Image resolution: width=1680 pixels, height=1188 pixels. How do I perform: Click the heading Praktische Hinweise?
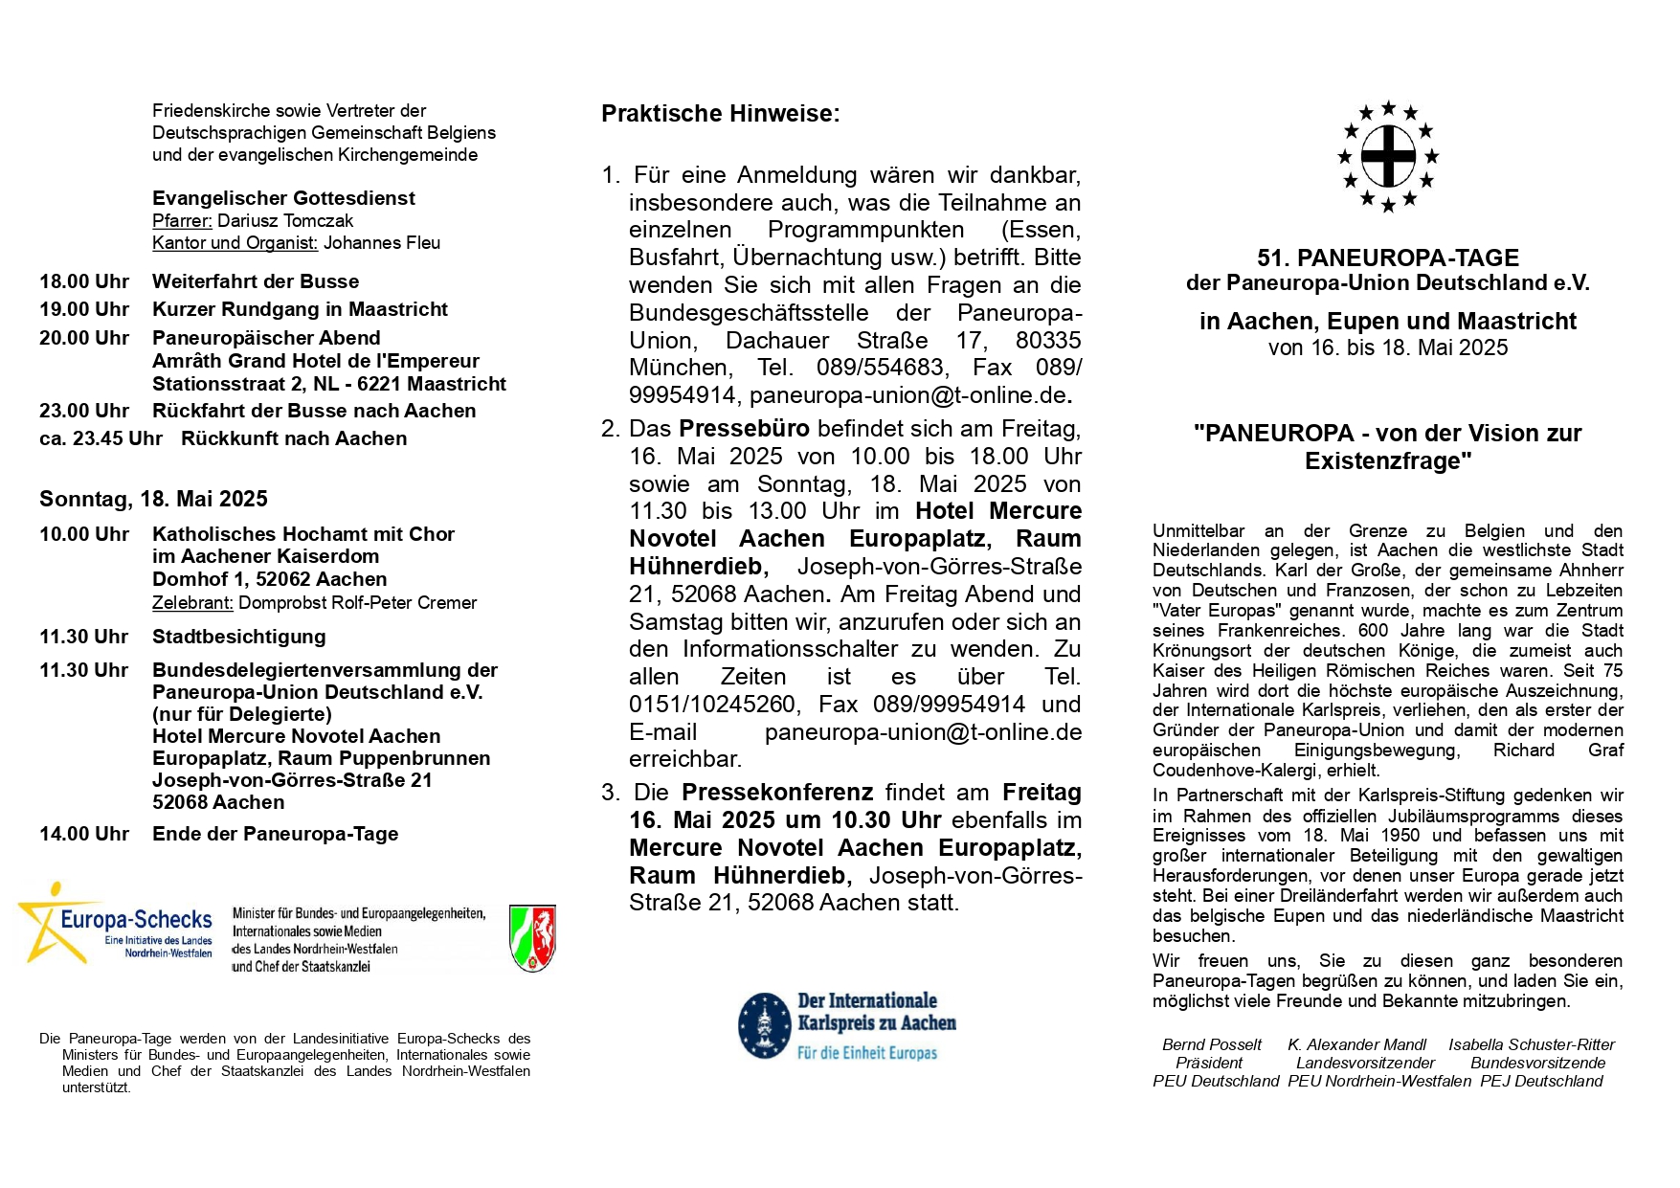coord(720,114)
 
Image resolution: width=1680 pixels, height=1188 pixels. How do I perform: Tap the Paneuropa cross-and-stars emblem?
coord(1388,156)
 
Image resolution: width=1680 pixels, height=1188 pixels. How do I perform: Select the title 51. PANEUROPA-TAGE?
coord(1387,258)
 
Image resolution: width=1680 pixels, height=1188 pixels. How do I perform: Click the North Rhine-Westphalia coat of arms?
coord(532,938)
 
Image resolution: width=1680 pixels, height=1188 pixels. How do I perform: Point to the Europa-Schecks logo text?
coord(136,920)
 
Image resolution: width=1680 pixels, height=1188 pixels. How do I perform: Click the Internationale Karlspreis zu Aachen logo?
coord(847,1026)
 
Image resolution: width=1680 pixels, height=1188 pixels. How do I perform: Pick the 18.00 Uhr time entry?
coord(84,281)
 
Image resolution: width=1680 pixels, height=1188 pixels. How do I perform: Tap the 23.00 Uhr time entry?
coord(84,411)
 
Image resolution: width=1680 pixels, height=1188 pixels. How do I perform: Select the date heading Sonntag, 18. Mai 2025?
coord(153,499)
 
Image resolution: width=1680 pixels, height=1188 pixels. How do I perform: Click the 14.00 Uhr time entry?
coord(84,834)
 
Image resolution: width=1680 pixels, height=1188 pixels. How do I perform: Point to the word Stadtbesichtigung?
coord(238,637)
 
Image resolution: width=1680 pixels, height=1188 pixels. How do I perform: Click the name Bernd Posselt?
coord(1211,1044)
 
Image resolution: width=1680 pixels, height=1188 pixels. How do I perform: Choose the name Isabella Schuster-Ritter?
coord(1531,1044)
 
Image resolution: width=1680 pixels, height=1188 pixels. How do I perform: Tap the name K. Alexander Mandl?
coord(1356,1044)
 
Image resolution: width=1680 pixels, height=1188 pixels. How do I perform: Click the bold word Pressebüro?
coord(744,428)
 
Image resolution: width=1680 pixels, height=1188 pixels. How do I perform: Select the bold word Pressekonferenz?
coord(776,793)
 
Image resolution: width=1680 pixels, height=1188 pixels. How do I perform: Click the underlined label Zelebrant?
coord(192,603)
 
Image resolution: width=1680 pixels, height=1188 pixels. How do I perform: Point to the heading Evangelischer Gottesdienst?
coord(283,198)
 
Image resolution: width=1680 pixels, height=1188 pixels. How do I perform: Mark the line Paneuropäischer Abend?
coord(266,338)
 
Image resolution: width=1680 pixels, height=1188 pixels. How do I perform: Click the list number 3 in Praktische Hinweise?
coord(610,793)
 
